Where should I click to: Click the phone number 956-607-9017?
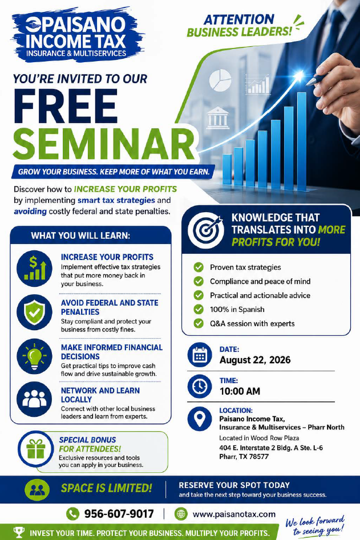point(119,514)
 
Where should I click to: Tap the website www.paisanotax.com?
point(234,514)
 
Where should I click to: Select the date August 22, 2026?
point(255,360)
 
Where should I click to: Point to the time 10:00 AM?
point(240,391)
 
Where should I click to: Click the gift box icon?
point(36,449)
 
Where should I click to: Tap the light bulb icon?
point(34,357)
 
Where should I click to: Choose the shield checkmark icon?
point(34,312)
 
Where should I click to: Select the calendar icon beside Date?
point(200,355)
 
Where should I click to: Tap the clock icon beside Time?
point(200,387)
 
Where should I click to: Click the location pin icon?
point(200,419)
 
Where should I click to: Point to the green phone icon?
point(72,514)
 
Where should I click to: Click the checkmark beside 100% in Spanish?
point(199,309)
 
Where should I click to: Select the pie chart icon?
point(220,80)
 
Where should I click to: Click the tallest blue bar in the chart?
point(301,141)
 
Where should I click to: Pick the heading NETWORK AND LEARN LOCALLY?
point(100,395)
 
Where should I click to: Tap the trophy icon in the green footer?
point(19,532)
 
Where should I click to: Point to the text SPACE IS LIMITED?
point(107,488)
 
